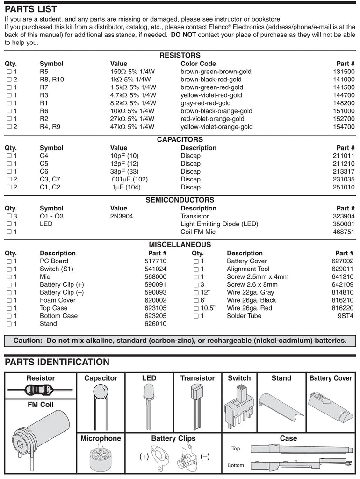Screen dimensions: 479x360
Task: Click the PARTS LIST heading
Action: click(31, 9)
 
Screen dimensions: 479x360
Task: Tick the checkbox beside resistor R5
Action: click(9, 72)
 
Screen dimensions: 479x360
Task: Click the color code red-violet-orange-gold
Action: click(212, 119)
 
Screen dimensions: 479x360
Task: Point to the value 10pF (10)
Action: click(124, 156)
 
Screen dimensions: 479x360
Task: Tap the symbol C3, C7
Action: click(50, 179)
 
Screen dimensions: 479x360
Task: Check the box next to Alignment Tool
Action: click(196, 269)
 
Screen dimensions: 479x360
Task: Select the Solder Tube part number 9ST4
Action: click(347, 316)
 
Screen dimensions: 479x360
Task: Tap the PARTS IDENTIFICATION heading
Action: click(57, 362)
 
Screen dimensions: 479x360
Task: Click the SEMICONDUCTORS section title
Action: click(180, 200)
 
